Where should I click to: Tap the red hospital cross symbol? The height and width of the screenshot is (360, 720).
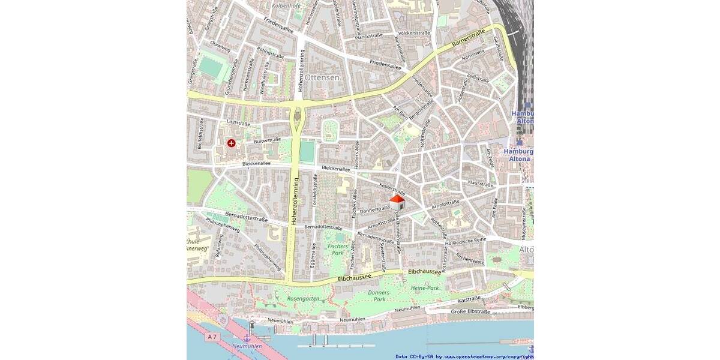point(231,143)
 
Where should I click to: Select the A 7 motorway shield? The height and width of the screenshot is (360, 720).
point(211,337)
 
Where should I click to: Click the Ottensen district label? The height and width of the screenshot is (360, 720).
point(322,78)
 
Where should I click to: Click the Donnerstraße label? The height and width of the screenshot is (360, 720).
point(376,209)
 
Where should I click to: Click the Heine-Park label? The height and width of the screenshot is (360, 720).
point(425,288)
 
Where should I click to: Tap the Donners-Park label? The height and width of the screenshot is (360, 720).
point(379,296)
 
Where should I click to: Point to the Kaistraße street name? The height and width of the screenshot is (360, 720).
point(470,299)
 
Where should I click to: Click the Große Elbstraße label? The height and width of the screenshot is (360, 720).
point(470,311)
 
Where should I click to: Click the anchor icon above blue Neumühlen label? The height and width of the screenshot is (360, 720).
point(246,340)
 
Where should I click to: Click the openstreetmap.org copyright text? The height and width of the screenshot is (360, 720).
point(486,356)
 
